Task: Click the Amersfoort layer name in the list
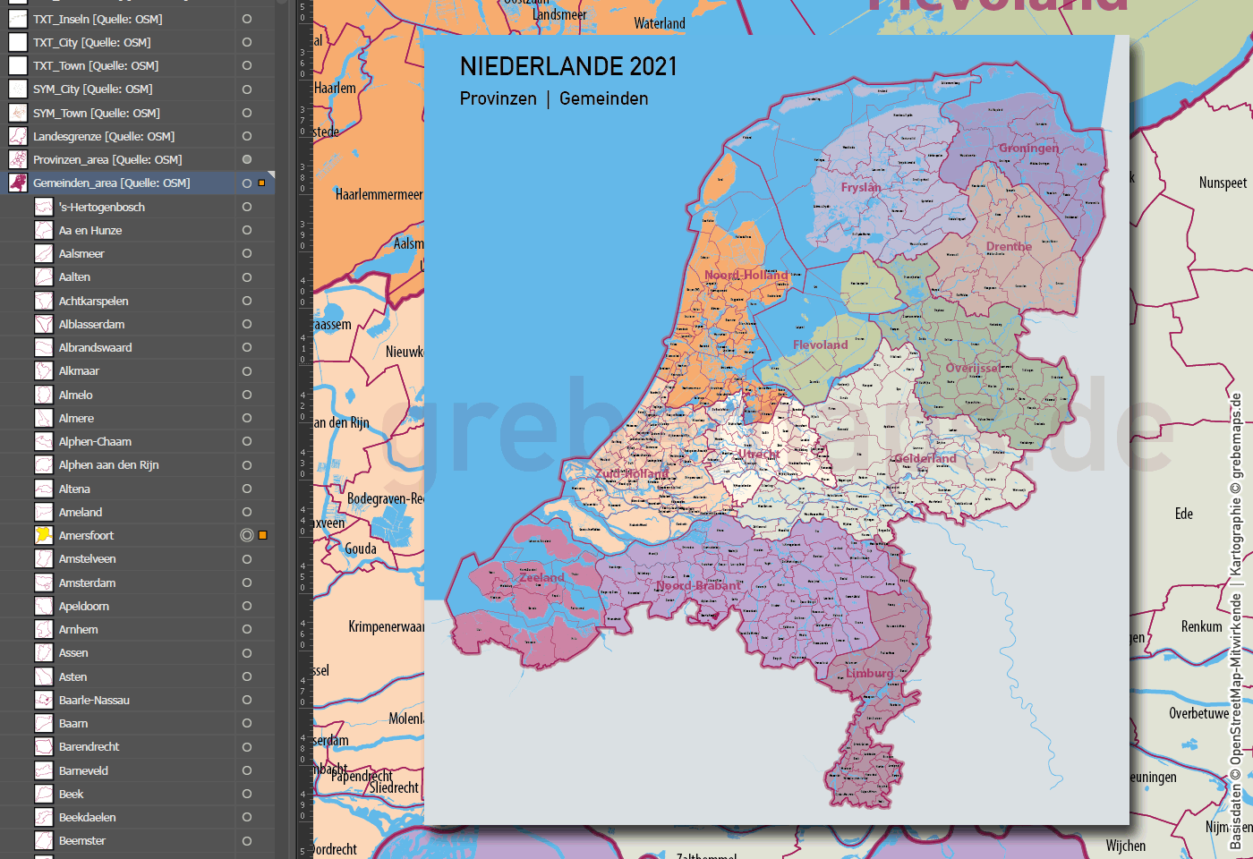[x=86, y=535]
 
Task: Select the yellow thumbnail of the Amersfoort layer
[x=43, y=535]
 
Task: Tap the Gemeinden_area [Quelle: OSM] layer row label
[x=111, y=183]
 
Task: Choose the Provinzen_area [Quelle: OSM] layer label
[x=107, y=159]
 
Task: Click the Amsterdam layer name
[x=87, y=583]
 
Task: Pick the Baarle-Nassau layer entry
[x=94, y=700]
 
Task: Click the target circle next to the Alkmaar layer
[x=247, y=371]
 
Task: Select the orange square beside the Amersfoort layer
[x=263, y=535]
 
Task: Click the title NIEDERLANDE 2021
[x=568, y=66]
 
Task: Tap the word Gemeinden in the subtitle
[x=603, y=98]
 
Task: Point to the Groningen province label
[x=1028, y=148]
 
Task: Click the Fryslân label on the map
[x=860, y=187]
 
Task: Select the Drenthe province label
[x=1009, y=246]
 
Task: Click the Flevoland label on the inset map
[x=820, y=344]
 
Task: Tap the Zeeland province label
[x=541, y=577]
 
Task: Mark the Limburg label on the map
[x=869, y=673]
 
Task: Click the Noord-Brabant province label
[x=698, y=586]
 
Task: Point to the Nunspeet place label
[x=1223, y=183]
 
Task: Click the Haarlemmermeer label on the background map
[x=379, y=194]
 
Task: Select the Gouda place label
[x=361, y=549]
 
